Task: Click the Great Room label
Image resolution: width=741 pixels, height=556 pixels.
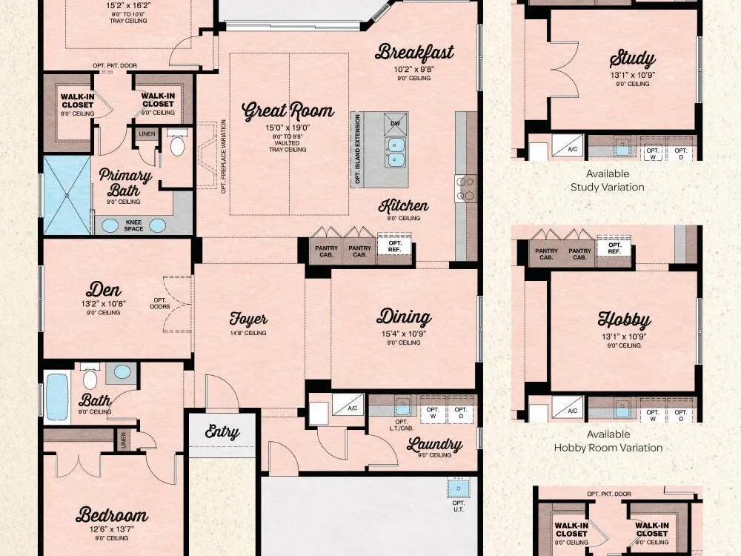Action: click(288, 110)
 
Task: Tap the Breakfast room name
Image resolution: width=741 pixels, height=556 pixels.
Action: click(414, 52)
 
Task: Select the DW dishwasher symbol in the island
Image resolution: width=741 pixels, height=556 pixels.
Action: click(396, 124)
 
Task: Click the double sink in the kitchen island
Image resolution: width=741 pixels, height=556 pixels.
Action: click(395, 152)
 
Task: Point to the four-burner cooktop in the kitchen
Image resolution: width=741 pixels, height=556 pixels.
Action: click(465, 188)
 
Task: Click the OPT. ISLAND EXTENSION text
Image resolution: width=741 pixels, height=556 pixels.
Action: click(358, 149)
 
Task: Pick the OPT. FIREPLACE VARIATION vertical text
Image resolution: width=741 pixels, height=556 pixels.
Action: click(224, 156)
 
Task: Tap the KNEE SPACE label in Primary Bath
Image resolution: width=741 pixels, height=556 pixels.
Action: click(133, 225)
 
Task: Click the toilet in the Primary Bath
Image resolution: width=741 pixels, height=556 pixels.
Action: click(177, 145)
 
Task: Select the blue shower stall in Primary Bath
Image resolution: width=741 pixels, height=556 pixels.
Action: click(67, 195)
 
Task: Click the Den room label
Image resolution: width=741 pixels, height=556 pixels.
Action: click(104, 289)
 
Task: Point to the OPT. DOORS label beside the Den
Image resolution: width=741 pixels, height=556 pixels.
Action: click(160, 303)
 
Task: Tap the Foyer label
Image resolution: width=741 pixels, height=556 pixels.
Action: click(248, 319)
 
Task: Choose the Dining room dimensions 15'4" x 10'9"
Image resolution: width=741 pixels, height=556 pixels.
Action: click(404, 334)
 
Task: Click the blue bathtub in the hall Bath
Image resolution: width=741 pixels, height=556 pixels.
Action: click(58, 396)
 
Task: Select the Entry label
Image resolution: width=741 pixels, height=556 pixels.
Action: click(222, 431)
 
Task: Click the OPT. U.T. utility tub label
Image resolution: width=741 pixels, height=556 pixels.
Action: click(458, 506)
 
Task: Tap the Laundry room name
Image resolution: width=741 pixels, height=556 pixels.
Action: click(434, 444)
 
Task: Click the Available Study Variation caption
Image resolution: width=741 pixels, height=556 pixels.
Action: click(608, 180)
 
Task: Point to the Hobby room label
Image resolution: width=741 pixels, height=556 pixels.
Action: click(624, 320)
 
